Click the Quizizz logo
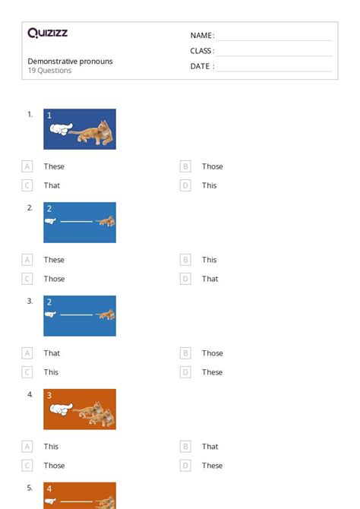[47, 33]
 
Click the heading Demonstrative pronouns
[70, 61]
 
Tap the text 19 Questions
[49, 71]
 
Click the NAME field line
[274, 36]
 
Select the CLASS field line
[274, 52]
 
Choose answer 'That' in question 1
[52, 185]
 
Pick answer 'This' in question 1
[209, 185]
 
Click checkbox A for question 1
[27, 166]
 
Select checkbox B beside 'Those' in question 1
[185, 166]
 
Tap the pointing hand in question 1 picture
[60, 130]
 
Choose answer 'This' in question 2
[209, 260]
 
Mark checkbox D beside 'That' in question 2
[185, 279]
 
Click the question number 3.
[30, 301]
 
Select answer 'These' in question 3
[212, 372]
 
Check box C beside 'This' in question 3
[27, 372]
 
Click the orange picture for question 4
[80, 409]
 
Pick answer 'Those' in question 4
[54, 466]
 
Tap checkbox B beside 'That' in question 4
[185, 447]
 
